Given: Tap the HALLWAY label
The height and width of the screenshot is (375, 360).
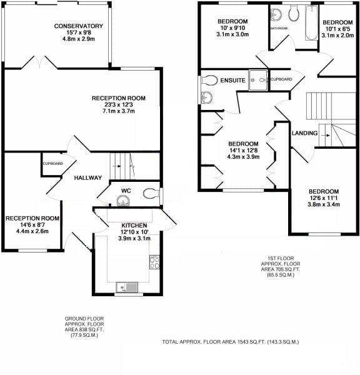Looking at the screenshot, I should (88, 178).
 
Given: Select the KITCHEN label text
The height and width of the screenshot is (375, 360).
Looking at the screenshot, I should (134, 225).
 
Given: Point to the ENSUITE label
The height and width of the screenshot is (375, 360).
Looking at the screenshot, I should (232, 80).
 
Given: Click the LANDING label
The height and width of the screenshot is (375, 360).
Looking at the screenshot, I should (305, 133).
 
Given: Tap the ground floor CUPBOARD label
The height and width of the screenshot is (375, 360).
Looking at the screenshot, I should (52, 164).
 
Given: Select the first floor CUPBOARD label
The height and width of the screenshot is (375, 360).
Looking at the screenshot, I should (281, 79).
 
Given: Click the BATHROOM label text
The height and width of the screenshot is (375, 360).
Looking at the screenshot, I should (279, 28).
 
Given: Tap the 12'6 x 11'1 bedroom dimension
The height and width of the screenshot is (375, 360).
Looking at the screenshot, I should (322, 198).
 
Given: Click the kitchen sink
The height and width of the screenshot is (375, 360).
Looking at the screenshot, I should (130, 287).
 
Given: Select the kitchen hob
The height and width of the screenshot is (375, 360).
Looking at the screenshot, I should (154, 262).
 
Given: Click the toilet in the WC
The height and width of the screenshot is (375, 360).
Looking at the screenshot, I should (149, 194).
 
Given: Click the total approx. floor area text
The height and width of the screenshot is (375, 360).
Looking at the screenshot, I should (231, 342).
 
